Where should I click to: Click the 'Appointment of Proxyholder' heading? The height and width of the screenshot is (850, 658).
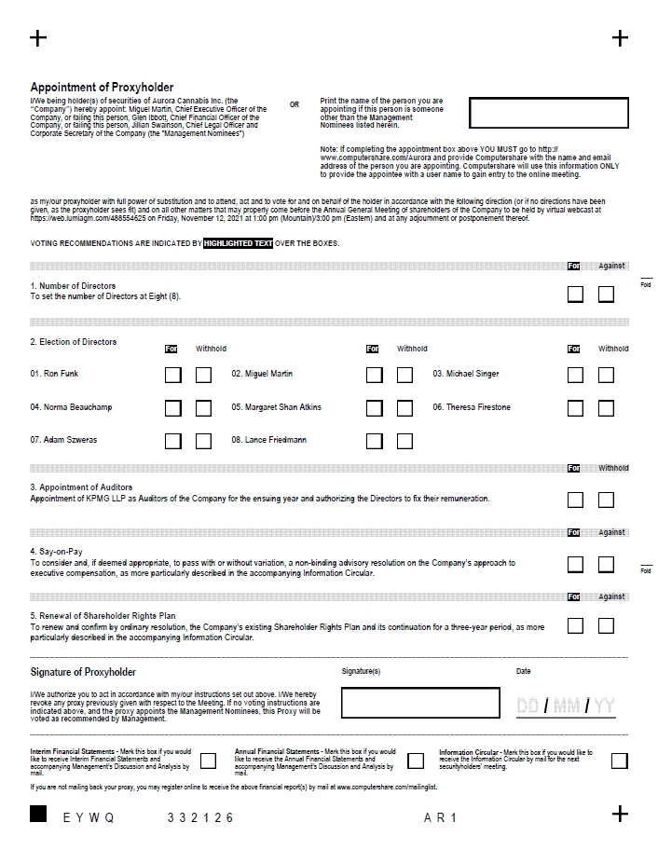pyautogui.click(x=102, y=88)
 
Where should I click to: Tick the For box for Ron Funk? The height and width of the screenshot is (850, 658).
pyautogui.click(x=172, y=375)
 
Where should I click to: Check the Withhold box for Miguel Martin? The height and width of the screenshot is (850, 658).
pyautogui.click(x=404, y=375)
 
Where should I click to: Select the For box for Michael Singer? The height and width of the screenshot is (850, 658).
pyautogui.click(x=575, y=375)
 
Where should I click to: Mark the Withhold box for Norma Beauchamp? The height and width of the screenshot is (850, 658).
pyautogui.click(x=203, y=408)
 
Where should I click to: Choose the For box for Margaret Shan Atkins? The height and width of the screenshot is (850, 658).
pyautogui.click(x=374, y=408)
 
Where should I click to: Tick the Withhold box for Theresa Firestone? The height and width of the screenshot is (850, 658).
pyautogui.click(x=606, y=408)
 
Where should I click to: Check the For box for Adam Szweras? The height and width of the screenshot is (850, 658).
pyautogui.click(x=172, y=441)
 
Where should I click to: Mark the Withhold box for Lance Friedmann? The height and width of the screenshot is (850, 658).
pyautogui.click(x=404, y=441)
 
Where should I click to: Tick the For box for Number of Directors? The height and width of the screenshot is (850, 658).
pyautogui.click(x=575, y=295)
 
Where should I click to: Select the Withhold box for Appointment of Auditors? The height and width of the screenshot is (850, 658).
pyautogui.click(x=606, y=500)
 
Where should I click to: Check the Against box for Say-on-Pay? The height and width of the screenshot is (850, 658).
pyautogui.click(x=606, y=565)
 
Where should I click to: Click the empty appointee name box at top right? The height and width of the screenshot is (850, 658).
pyautogui.click(x=549, y=113)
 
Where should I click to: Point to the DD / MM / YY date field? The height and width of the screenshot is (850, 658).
pyautogui.click(x=566, y=706)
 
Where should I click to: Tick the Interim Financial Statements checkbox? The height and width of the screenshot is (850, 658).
pyautogui.click(x=208, y=761)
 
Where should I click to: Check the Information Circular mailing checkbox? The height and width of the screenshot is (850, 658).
pyautogui.click(x=619, y=761)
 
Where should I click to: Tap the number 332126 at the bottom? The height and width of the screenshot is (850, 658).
pyautogui.click(x=200, y=817)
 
